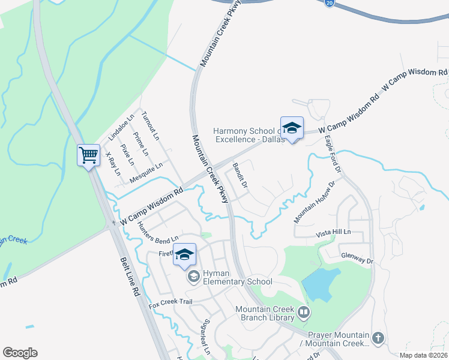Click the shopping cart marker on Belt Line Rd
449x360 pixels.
coord(89,156)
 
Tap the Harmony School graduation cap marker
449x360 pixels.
coord(292,129)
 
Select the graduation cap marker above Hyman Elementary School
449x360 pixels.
coord(185,254)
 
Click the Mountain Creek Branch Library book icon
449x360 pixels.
coord(304,312)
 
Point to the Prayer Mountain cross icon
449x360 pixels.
coord(378,338)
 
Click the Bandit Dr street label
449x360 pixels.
coord(240,174)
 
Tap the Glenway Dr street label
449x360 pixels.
coord(357,261)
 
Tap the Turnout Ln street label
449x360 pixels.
coord(150,125)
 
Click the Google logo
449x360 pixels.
coord(20,353)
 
